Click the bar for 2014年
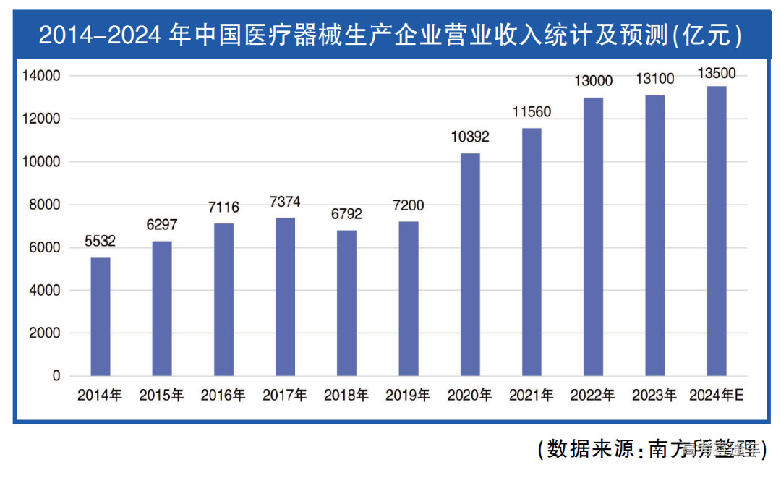pyautogui.click(x=101, y=317)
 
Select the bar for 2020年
pyautogui.click(x=470, y=265)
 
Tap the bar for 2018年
pyautogui.click(x=347, y=303)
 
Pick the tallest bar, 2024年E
pyautogui.click(x=717, y=231)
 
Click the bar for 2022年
pyautogui.click(x=593, y=236)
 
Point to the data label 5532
pyautogui.click(x=101, y=242)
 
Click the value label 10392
pyautogui.click(x=470, y=137)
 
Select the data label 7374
pyautogui.click(x=285, y=202)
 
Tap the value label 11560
pyautogui.click(x=532, y=112)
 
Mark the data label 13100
pyautogui.click(x=654, y=80)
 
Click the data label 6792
pyautogui.click(x=347, y=214)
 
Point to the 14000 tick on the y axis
pyautogui.click(x=42, y=76)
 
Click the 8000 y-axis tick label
pyautogui.click(x=45, y=205)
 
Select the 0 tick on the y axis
pyautogui.click(x=56, y=376)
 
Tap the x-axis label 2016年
pyautogui.click(x=223, y=396)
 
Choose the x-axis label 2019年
pyautogui.click(x=408, y=396)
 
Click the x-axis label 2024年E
pyautogui.click(x=717, y=396)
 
